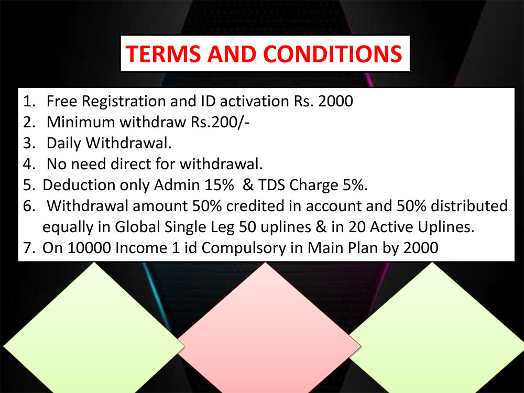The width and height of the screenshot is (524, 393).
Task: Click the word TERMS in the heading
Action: (x=163, y=54)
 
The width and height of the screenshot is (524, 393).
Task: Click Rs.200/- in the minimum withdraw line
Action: (x=220, y=122)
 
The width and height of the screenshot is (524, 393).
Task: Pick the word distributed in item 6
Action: (x=469, y=206)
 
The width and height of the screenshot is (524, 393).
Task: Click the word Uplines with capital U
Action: (x=444, y=227)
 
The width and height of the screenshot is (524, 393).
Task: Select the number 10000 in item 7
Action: (x=89, y=248)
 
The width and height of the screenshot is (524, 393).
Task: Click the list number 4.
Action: (x=28, y=164)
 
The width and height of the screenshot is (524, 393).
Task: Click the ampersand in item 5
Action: (x=248, y=185)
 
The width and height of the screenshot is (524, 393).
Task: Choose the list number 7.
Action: (x=28, y=248)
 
